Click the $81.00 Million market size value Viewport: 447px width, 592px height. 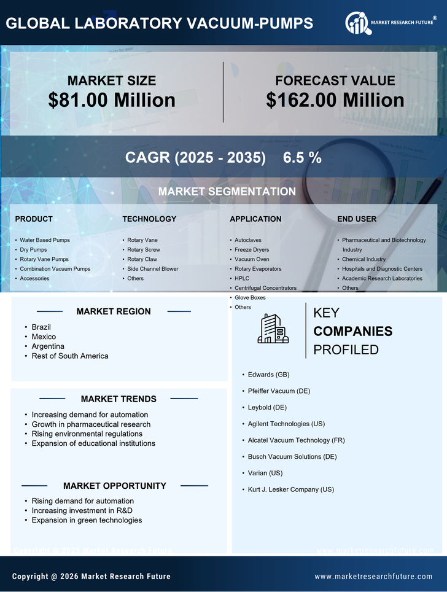(x=112, y=100)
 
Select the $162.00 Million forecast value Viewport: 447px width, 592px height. (x=335, y=100)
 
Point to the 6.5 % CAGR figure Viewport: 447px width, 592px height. (x=302, y=158)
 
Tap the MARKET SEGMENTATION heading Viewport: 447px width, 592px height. (x=227, y=192)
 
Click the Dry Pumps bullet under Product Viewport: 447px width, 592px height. (x=33, y=250)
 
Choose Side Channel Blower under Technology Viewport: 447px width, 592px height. (x=152, y=269)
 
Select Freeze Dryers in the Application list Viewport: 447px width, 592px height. (x=252, y=250)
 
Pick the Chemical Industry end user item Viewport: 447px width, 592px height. (x=363, y=259)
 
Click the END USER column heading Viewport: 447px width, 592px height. (x=357, y=219)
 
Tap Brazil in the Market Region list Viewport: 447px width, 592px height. (x=41, y=327)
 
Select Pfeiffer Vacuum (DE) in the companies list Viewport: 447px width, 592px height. (x=279, y=391)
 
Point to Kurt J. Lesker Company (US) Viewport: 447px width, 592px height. (x=290, y=489)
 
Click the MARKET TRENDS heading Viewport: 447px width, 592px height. (x=119, y=399)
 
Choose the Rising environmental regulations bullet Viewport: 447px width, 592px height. (x=87, y=434)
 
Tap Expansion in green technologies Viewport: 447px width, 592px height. (x=87, y=520)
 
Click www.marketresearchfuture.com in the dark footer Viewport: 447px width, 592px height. (x=373, y=576)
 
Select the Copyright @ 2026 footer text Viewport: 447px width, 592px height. (x=91, y=576)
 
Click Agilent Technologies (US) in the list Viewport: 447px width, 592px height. (x=286, y=424)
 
